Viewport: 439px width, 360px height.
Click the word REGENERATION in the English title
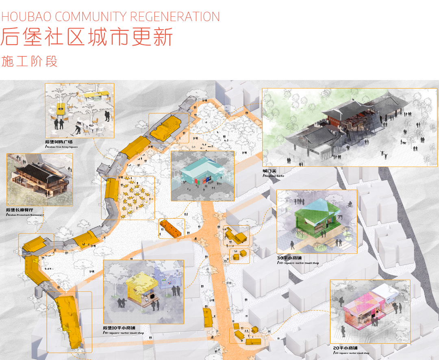pos(175,17)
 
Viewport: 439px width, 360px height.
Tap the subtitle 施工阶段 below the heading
pos(29,61)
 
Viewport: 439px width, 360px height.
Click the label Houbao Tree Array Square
pos(61,147)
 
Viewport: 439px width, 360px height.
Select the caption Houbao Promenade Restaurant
pos(26,215)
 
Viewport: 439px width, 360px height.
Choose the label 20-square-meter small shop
pos(352,353)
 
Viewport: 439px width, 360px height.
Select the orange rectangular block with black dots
pos(172,228)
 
